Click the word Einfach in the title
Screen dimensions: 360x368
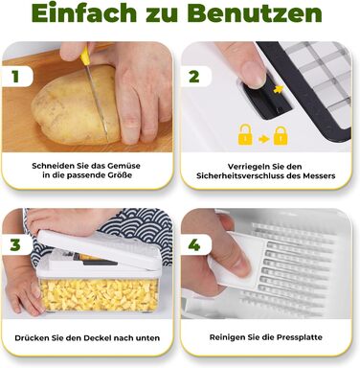[84, 13]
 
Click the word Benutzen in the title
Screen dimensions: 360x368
[254, 13]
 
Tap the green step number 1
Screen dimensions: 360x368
[15, 77]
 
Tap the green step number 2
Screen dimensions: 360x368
[194, 77]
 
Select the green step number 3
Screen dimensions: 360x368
[15, 245]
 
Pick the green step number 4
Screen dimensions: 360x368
[194, 245]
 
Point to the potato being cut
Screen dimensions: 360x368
[77, 105]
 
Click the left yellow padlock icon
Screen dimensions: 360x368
[245, 135]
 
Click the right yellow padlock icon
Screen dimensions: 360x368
[281, 135]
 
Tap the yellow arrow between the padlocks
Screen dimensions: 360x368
[263, 139]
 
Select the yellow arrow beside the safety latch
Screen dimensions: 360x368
[278, 89]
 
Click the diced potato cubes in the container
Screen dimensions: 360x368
[99, 295]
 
